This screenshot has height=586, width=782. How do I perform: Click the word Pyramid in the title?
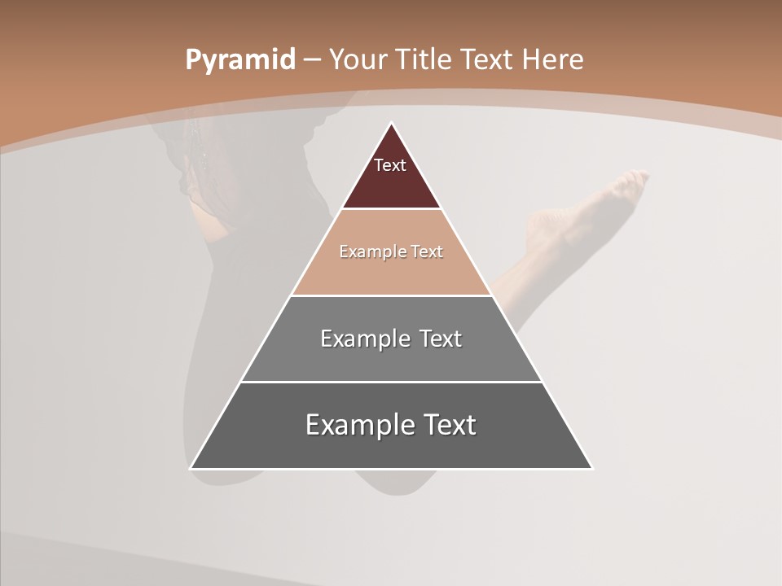click(x=239, y=60)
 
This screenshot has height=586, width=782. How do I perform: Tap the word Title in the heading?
click(x=424, y=60)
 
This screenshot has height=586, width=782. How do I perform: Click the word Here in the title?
click(x=553, y=60)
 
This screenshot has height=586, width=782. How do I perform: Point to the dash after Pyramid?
click(x=311, y=60)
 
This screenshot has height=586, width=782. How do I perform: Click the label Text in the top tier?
click(x=390, y=165)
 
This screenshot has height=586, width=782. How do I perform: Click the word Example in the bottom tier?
click(x=360, y=425)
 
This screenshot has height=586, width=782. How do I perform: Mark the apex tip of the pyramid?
click(x=391, y=124)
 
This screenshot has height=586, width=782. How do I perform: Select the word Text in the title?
click(x=487, y=60)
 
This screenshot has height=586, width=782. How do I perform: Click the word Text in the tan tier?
click(x=427, y=252)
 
